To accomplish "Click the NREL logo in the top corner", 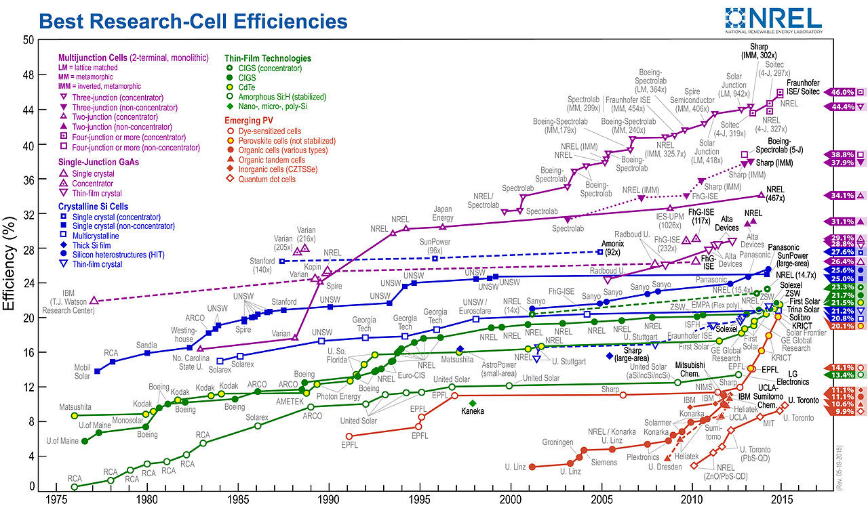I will pyautogui.click(x=773, y=20).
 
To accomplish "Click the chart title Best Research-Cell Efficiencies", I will pyautogui.click(x=193, y=21).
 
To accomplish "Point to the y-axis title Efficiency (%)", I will pyautogui.click(x=9, y=264).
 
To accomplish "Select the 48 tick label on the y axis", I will pyautogui.click(x=28, y=75).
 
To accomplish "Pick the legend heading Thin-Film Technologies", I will pyautogui.click(x=268, y=58).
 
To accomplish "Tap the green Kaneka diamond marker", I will pyautogui.click(x=472, y=403).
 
